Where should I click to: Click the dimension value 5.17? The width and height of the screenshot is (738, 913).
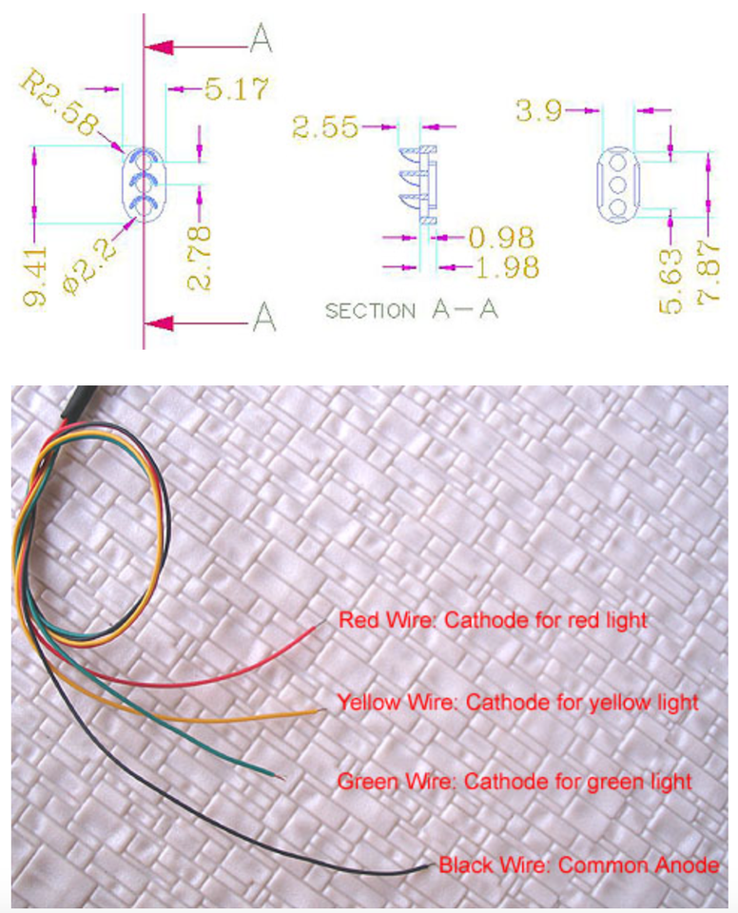(x=236, y=88)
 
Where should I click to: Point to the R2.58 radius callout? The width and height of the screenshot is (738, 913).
(x=59, y=103)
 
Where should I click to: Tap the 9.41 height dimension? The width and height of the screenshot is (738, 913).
(x=35, y=277)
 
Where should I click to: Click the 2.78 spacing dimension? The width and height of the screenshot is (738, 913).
(x=199, y=259)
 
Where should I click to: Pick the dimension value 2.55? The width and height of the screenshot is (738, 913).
(x=325, y=126)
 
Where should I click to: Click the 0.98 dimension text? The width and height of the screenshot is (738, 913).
(x=501, y=237)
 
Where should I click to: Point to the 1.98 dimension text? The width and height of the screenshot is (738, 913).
(x=507, y=267)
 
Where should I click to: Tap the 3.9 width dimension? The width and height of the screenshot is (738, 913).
(x=539, y=110)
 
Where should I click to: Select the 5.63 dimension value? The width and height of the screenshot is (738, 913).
(x=671, y=282)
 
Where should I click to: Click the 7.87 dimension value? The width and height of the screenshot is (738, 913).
(x=709, y=271)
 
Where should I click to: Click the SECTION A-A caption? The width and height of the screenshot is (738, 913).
(x=411, y=310)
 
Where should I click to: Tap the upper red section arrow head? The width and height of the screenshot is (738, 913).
(x=159, y=48)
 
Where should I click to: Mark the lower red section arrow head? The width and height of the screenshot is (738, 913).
(x=159, y=322)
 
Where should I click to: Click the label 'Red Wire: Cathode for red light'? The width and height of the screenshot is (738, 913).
(x=493, y=620)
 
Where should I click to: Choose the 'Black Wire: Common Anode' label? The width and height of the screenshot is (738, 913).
(x=578, y=865)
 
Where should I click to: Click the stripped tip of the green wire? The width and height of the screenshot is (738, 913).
(x=281, y=777)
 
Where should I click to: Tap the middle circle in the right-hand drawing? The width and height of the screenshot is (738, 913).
(x=617, y=185)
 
